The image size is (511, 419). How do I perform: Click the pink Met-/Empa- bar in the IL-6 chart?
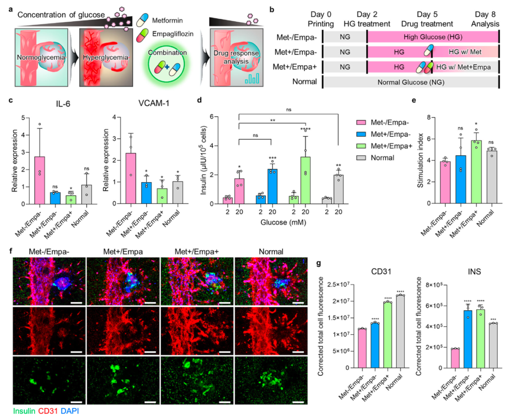pos(40,180)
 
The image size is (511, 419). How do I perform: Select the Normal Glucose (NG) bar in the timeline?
pos(409,81)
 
